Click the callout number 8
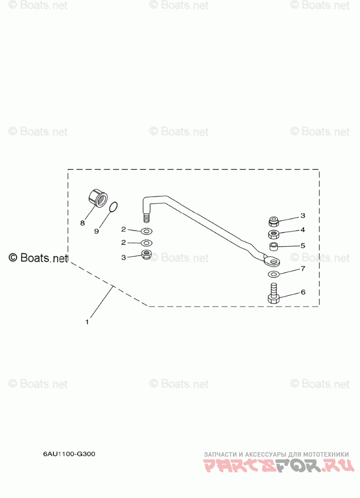(x=82, y=222)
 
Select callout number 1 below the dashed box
(x=87, y=322)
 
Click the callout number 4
(x=303, y=230)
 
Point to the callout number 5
(x=303, y=246)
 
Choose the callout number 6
(x=303, y=292)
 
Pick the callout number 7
(x=303, y=269)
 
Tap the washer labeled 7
(x=273, y=274)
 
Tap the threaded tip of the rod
(x=147, y=218)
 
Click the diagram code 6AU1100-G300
(x=69, y=454)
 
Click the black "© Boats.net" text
(x=38, y=258)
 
